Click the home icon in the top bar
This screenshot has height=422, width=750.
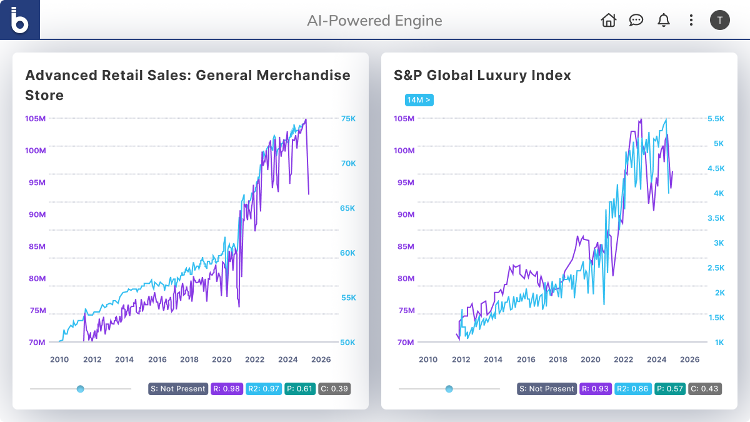click(608, 20)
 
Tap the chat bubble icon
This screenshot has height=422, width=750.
click(636, 20)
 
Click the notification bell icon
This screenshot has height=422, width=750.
click(664, 20)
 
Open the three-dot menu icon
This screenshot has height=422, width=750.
click(691, 20)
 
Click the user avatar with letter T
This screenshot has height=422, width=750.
click(720, 20)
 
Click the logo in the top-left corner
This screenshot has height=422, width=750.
click(20, 20)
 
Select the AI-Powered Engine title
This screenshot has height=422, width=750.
click(374, 21)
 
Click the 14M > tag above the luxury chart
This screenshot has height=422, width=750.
click(419, 100)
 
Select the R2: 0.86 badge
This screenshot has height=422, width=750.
click(633, 389)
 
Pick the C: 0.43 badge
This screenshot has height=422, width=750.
click(705, 389)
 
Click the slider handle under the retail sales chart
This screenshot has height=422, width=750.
click(80, 389)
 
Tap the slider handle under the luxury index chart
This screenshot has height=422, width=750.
click(449, 389)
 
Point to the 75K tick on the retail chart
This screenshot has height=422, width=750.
click(348, 119)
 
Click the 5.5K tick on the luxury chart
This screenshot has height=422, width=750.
click(715, 119)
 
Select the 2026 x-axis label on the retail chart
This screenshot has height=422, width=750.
click(321, 359)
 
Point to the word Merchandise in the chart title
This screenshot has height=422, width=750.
click(304, 76)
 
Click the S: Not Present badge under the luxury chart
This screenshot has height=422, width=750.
click(547, 389)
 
